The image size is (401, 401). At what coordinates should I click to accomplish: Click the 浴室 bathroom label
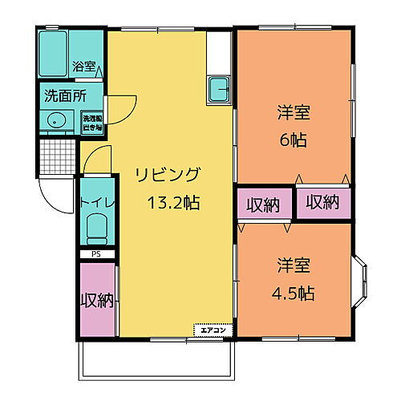coord(83,67)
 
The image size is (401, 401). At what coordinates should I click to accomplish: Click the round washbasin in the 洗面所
coord(55,121)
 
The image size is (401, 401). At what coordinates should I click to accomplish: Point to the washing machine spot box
coord(91,121)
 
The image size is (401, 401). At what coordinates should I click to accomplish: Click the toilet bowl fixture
coord(97,229)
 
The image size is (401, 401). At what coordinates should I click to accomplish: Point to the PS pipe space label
coord(96,254)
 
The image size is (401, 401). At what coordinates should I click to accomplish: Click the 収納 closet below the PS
coord(97,300)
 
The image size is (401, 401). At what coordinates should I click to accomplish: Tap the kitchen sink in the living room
coord(218,90)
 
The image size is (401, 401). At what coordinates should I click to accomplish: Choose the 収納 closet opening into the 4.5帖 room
coord(262,205)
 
